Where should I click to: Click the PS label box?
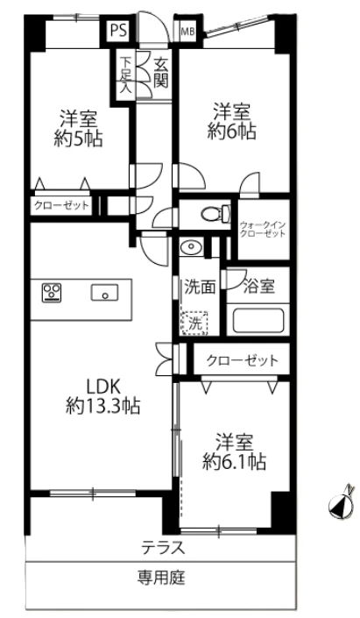(118, 29)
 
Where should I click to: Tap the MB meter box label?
(187, 32)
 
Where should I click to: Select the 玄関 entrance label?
(160, 72)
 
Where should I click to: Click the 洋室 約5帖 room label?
(80, 127)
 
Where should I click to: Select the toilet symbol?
(209, 214)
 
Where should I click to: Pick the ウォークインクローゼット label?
(263, 231)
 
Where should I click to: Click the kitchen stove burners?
(51, 293)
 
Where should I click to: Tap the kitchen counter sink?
(106, 294)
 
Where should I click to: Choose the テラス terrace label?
(163, 550)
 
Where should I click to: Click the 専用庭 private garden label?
(161, 578)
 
